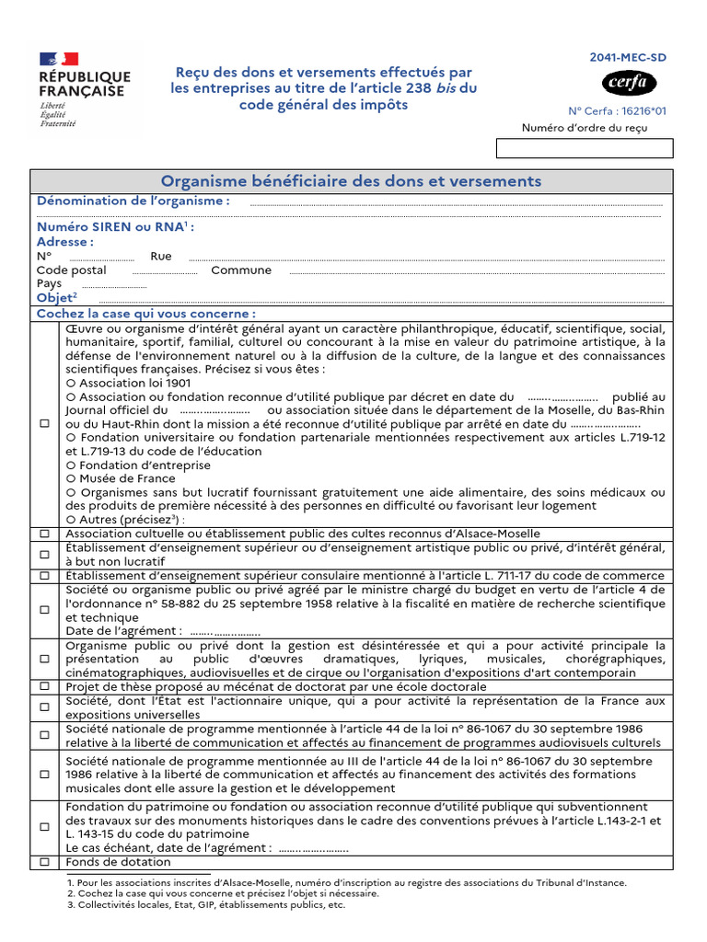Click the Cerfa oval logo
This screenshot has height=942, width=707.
click(630, 83)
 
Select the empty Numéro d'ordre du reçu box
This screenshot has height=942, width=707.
click(585, 149)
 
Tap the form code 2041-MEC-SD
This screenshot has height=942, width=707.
click(628, 57)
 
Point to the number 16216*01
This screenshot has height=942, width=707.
click(643, 109)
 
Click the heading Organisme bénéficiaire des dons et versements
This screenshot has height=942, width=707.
click(352, 181)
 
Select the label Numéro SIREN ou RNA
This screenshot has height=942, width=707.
click(114, 227)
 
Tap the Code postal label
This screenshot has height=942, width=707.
click(72, 270)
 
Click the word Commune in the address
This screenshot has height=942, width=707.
click(241, 270)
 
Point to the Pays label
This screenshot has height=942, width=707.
click(50, 284)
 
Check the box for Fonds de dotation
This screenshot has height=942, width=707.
click(44, 862)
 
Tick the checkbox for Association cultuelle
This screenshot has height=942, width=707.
click(44, 534)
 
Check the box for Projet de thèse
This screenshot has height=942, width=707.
click(44, 687)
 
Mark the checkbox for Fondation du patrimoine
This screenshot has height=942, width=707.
click(44, 827)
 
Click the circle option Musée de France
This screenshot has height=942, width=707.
click(71, 478)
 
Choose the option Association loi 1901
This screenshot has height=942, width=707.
click(71, 383)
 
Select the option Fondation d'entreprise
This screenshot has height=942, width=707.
click(71, 465)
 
